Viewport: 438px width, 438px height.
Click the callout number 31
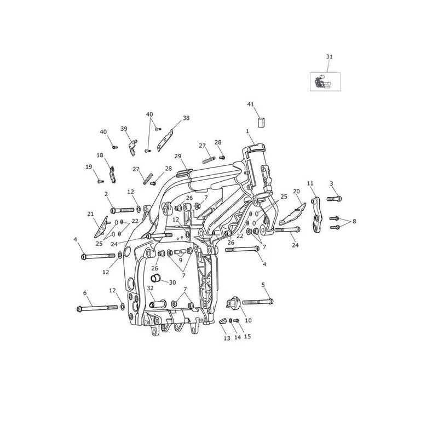tap(330, 56)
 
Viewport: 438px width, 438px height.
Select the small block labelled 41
tap(261, 122)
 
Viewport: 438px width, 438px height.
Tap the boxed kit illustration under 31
tap(325, 82)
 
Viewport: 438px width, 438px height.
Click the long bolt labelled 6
tap(97, 308)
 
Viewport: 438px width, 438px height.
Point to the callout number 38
tap(186, 118)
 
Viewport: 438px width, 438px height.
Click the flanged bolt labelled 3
tap(335, 199)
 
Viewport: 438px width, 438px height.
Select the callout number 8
tap(354, 221)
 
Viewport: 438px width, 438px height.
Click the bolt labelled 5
tap(258, 302)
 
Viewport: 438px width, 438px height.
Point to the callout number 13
tap(227, 338)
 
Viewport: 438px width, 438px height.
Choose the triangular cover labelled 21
tap(101, 227)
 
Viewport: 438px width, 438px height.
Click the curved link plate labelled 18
tap(112, 175)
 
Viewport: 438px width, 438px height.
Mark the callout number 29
tap(178, 156)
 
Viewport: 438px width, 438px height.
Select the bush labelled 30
tap(155, 279)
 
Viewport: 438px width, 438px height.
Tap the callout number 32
tap(150, 288)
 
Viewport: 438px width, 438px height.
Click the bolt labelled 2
tap(122, 210)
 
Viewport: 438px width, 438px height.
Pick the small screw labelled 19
tap(101, 182)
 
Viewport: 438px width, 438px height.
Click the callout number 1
tap(247, 131)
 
